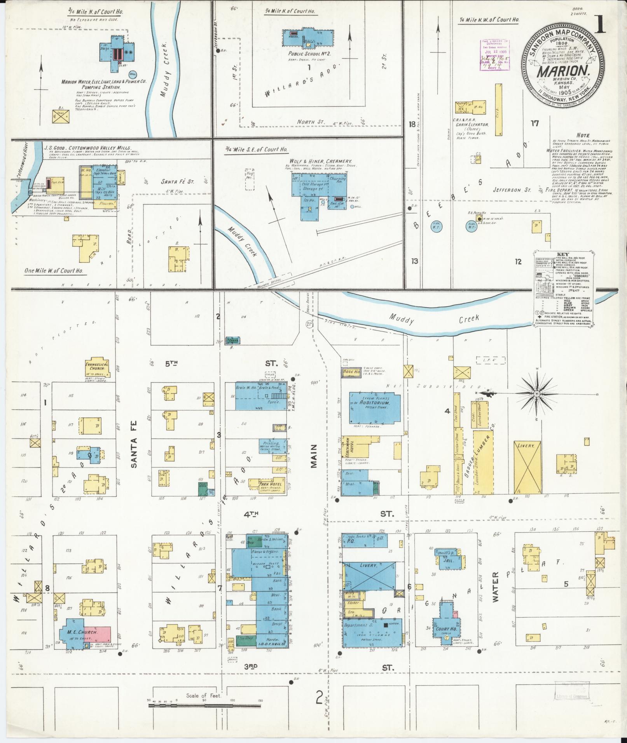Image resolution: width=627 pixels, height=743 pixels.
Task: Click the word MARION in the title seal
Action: coord(562,72)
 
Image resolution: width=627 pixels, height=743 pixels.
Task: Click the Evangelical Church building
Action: coord(97,367)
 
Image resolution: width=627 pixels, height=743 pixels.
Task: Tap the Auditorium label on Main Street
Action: coord(374,403)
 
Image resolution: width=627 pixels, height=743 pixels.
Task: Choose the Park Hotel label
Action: coord(268,484)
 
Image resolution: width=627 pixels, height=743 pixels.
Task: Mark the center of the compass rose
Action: coord(536,393)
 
